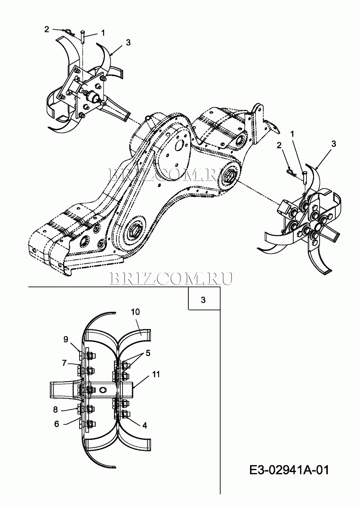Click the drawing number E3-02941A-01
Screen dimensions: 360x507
[x=289, y=470]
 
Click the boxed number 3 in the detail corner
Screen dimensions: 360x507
[x=203, y=300]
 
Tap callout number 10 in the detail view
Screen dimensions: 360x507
[x=135, y=312]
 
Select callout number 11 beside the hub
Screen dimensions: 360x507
[x=156, y=374]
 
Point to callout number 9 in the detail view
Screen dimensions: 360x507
[x=66, y=339]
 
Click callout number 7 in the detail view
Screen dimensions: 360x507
[x=64, y=363]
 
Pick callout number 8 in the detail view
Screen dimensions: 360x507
[x=55, y=409]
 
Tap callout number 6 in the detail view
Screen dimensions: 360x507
[x=57, y=424]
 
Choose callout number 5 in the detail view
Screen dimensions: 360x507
[x=148, y=353]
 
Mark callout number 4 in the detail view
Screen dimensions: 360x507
[x=145, y=425]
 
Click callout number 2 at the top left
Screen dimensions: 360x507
[x=47, y=29]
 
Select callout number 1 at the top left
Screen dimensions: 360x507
[x=103, y=33]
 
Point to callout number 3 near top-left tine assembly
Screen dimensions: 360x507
[x=128, y=43]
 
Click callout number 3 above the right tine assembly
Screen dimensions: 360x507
[x=334, y=144]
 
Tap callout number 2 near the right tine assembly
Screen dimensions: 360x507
[x=279, y=145]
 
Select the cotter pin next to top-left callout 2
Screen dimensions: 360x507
[x=69, y=32]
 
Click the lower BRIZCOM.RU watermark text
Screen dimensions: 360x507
[x=171, y=278]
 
